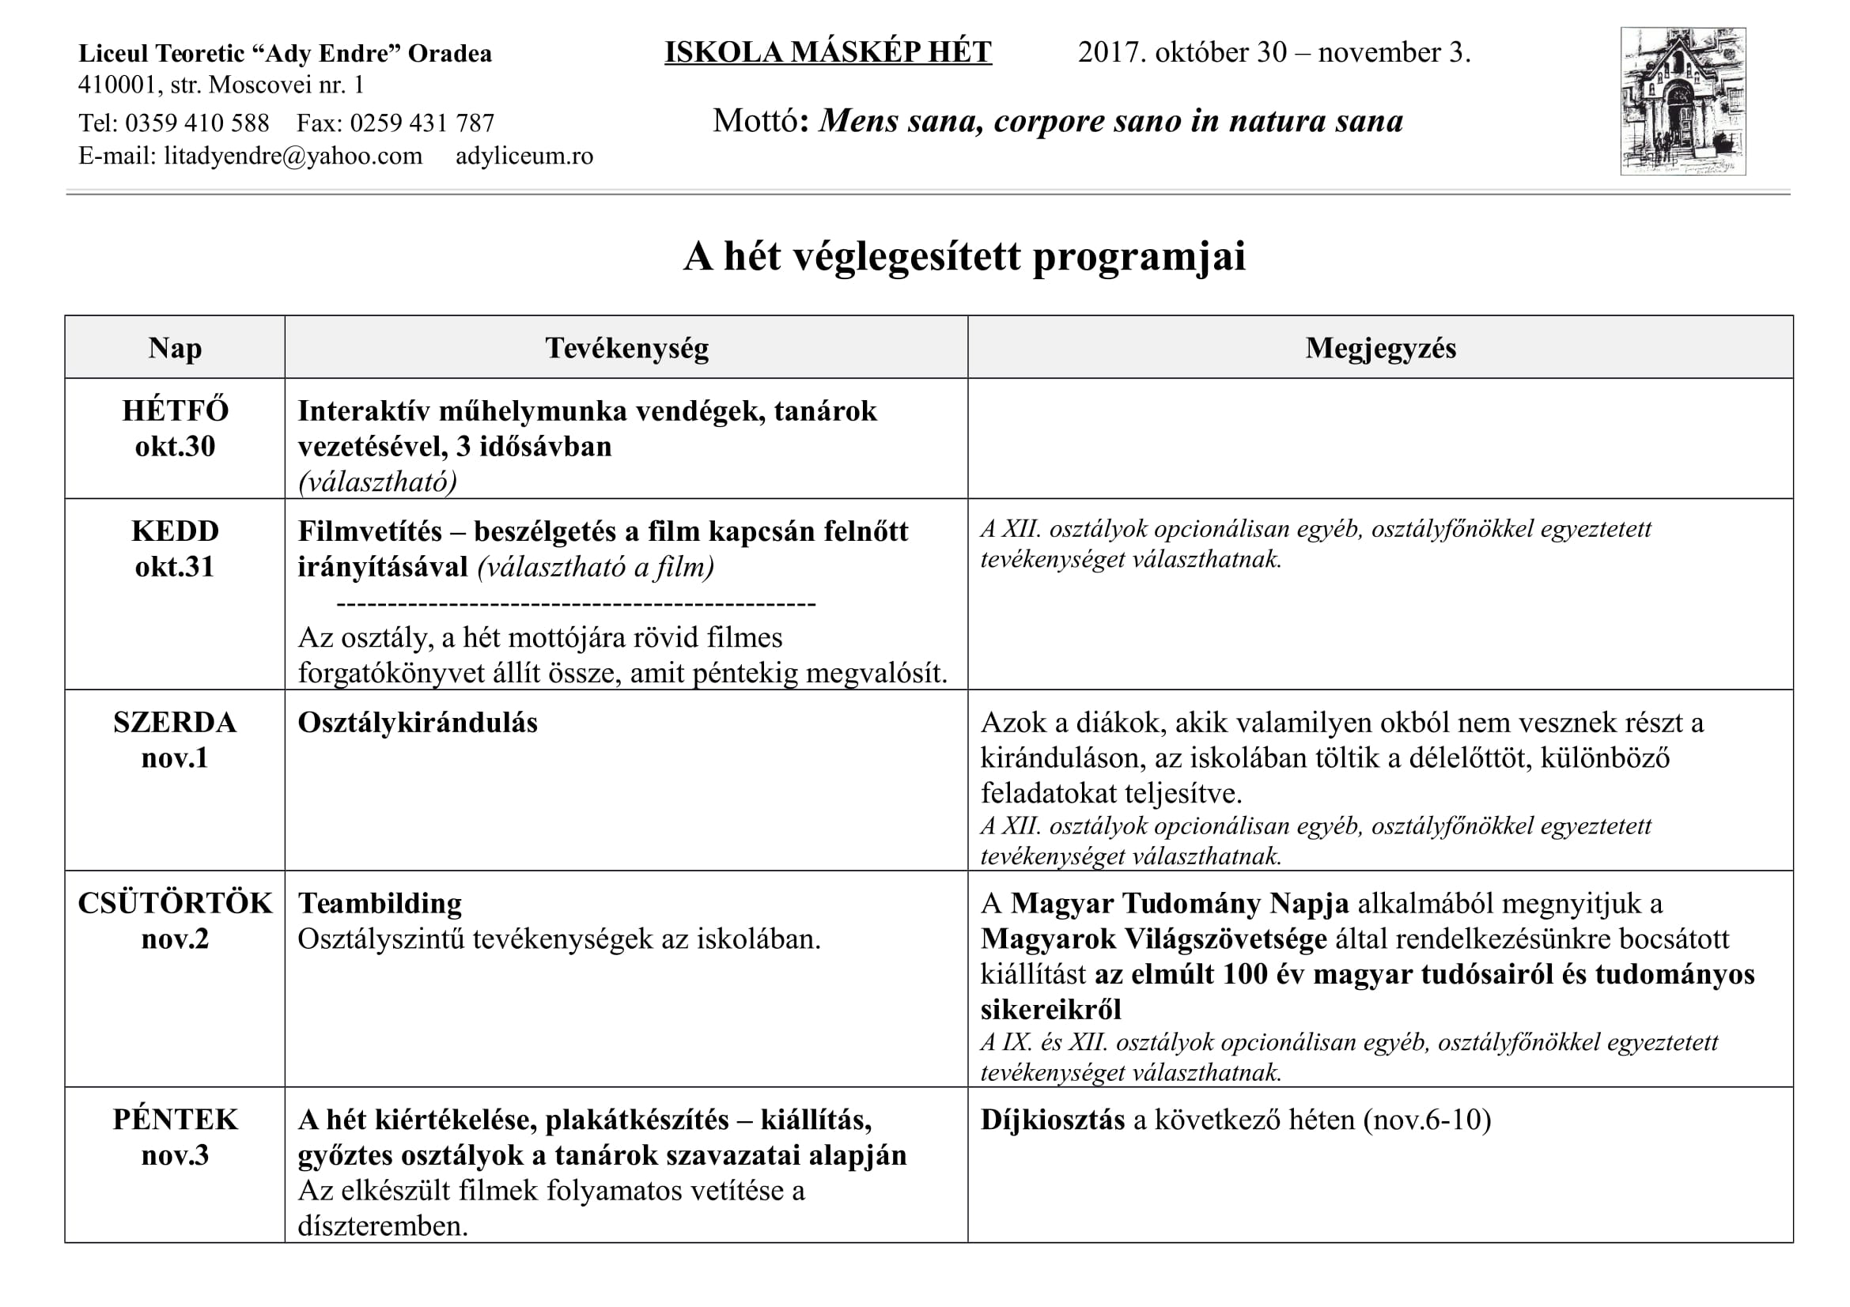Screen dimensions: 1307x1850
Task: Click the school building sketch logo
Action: click(1682, 101)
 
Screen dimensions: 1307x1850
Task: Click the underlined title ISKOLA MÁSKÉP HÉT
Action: click(827, 52)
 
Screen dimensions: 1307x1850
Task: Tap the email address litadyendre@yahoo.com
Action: click(293, 156)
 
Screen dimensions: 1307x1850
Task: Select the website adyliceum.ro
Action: click(524, 156)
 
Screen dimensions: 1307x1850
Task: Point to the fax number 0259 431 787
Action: click(422, 123)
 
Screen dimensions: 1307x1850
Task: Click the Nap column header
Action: click(175, 348)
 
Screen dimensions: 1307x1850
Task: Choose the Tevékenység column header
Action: click(626, 348)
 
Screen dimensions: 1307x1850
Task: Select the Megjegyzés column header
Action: click(1380, 348)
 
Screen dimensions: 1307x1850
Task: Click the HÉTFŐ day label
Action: click(175, 410)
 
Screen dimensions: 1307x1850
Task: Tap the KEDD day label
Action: click(175, 531)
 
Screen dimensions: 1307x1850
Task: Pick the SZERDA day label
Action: click(175, 723)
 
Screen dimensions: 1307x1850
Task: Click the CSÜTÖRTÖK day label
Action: click(175, 904)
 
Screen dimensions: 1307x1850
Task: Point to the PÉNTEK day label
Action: click(175, 1120)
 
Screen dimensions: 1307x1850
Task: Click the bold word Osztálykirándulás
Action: click(418, 723)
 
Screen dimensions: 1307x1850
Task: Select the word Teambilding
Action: click(380, 904)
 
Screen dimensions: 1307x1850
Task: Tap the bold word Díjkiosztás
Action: click(1052, 1120)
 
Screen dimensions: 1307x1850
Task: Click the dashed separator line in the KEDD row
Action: click(575, 603)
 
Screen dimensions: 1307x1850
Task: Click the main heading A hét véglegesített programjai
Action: click(963, 256)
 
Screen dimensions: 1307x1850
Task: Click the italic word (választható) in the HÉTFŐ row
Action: click(377, 482)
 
